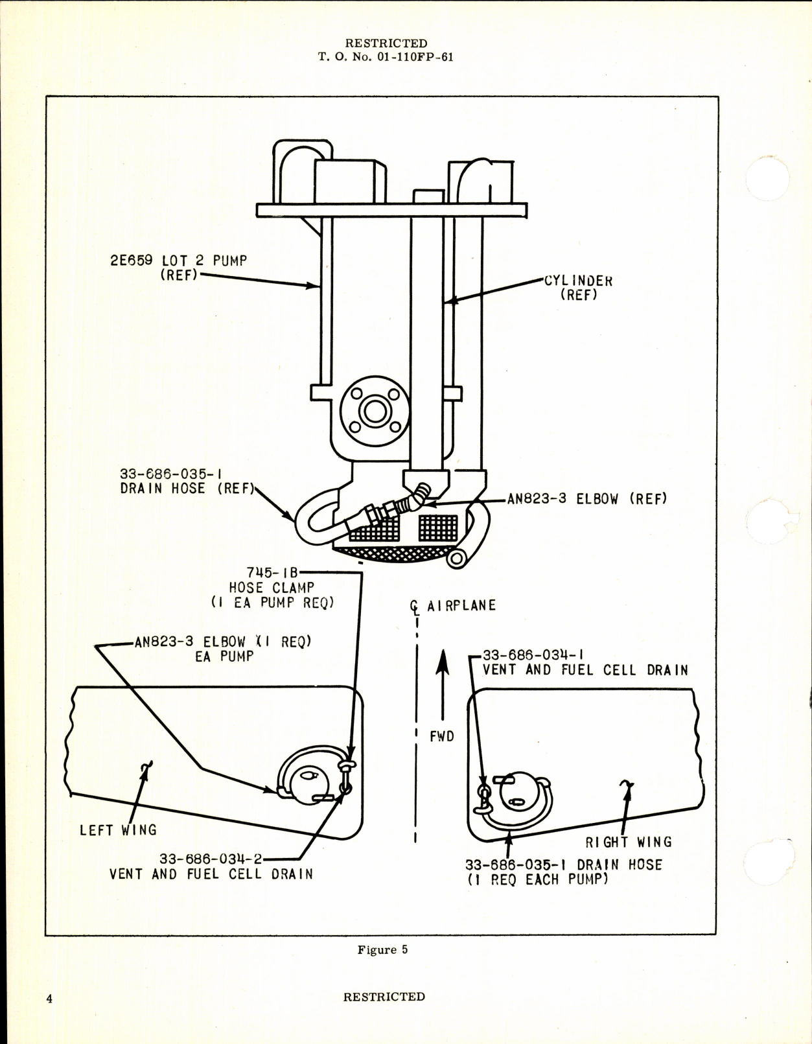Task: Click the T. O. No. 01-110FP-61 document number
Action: pos(386,57)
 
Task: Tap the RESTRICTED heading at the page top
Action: pos(386,43)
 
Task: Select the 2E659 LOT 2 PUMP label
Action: pos(178,261)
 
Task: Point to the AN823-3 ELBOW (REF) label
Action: pos(587,499)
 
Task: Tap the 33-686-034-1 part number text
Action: pos(533,655)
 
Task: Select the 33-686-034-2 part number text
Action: pos(211,859)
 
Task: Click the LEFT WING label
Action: pos(118,830)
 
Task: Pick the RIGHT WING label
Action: pos(629,842)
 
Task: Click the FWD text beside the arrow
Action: pos(442,737)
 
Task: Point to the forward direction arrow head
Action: pos(442,661)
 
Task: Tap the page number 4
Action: pos(49,999)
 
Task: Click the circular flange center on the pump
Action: pos(375,411)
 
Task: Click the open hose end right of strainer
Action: pos(456,559)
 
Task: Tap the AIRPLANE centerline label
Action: pos(461,605)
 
